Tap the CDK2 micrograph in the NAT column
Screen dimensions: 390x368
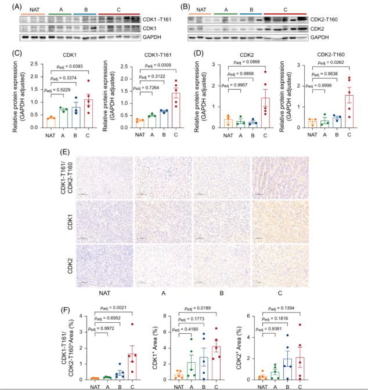click(x=105, y=266)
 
